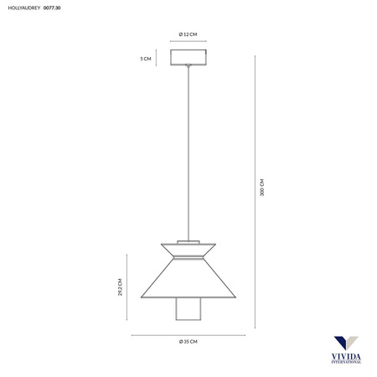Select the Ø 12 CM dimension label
pyautogui.click(x=188, y=34)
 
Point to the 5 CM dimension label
pyautogui.click(x=147, y=59)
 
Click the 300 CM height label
pyautogui.click(x=262, y=187)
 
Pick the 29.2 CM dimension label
pyautogui.click(x=120, y=287)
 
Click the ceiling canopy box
pyautogui.click(x=188, y=58)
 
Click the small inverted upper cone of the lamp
pyautogui.click(x=188, y=246)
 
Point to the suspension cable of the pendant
pyautogui.click(x=188, y=151)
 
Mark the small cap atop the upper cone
pyautogui.click(x=188, y=236)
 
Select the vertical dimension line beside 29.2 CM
pyautogui.click(x=127, y=287)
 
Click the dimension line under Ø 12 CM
pyautogui.click(x=188, y=42)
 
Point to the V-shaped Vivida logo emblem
pyautogui.click(x=344, y=344)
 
